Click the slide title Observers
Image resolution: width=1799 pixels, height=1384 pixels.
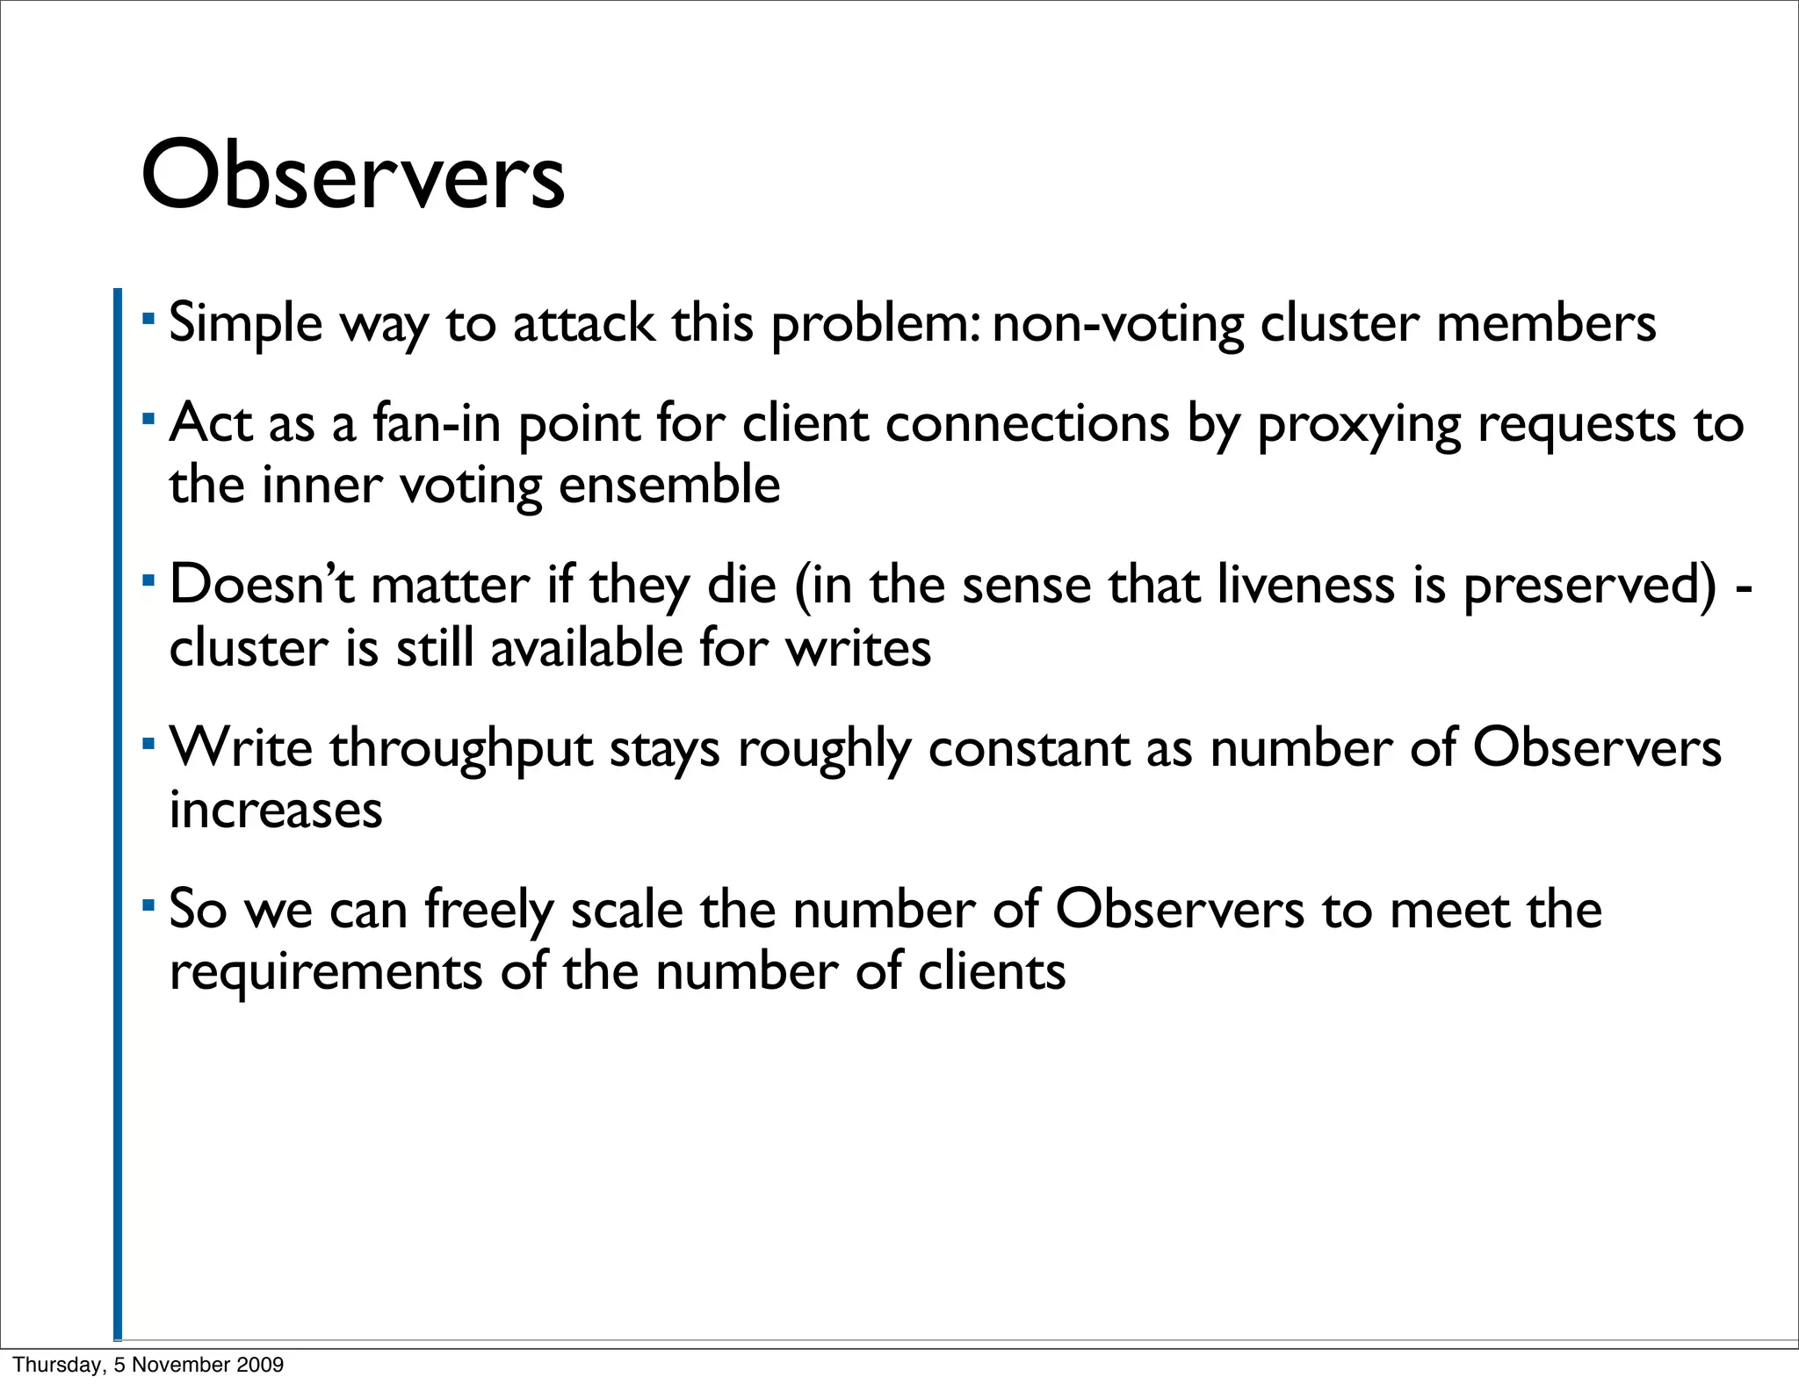pos(352,177)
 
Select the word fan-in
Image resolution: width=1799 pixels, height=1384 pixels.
pos(437,423)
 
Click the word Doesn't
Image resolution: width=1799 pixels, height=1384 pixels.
pos(262,585)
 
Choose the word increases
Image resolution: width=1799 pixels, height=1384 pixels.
pos(276,810)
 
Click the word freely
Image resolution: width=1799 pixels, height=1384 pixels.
pos(489,911)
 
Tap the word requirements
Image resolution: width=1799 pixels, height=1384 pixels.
pos(326,973)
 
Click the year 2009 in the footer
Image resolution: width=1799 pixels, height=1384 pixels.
pos(264,1365)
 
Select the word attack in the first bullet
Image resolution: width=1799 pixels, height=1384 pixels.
pos(583,323)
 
